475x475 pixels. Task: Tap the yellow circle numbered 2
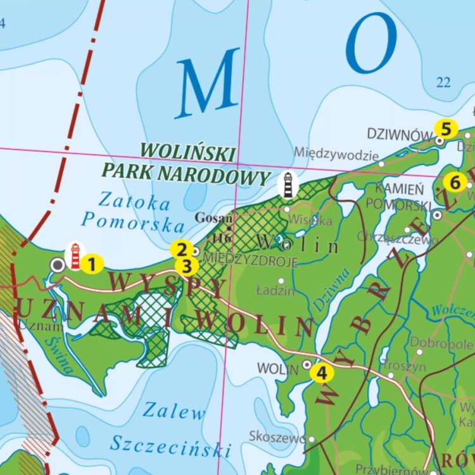click(182, 250)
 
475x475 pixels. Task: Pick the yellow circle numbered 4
click(322, 374)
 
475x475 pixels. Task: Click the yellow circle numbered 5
click(446, 129)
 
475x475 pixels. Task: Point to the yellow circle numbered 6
click(455, 182)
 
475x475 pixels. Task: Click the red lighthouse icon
click(75, 256)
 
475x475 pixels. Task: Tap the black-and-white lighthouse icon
click(288, 184)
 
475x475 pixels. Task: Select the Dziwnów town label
click(399, 134)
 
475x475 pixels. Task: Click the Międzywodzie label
click(336, 154)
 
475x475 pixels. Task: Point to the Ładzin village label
click(275, 291)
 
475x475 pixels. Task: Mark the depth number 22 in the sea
click(443, 82)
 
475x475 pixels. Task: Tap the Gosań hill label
click(210, 217)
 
